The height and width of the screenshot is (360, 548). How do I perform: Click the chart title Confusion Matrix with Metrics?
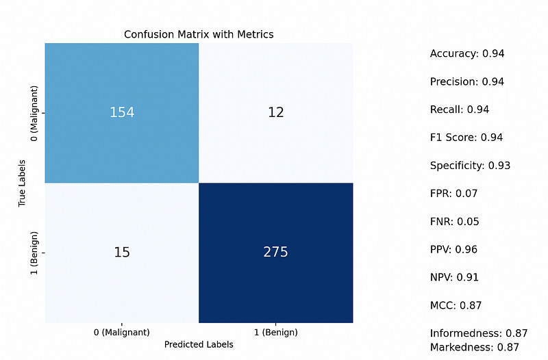point(199,34)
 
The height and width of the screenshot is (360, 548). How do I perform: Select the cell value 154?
point(122,112)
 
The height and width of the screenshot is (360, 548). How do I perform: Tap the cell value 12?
point(276,112)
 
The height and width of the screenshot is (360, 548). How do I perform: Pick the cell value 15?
point(122,252)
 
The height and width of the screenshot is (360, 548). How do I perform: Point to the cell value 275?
point(276,252)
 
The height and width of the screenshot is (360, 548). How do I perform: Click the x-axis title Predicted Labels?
point(199,345)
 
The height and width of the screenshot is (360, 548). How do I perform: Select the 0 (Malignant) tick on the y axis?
point(35,112)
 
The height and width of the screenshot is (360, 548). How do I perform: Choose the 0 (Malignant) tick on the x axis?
point(122,332)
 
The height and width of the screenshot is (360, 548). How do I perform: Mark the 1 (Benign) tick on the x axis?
point(276,332)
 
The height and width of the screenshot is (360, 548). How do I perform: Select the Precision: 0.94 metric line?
point(467,81)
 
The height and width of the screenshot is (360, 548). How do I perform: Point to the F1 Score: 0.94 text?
point(466,138)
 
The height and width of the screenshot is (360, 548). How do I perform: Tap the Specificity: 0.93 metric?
point(470,166)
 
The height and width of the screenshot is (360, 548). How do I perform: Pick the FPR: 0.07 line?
point(453,194)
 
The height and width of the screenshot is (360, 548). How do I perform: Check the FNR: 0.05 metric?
point(454,222)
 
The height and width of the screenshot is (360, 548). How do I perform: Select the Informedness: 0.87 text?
point(479,333)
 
